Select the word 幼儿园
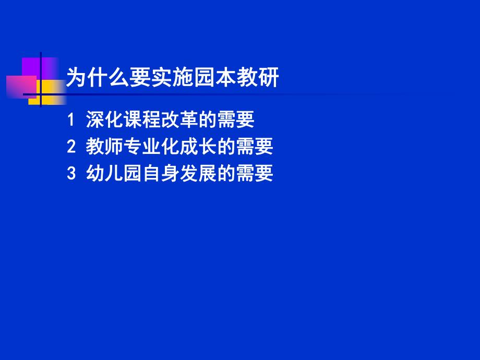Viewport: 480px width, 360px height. pos(114,174)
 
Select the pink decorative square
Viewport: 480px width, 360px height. pos(21,87)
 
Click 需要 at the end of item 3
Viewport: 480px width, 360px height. pos(255,174)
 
